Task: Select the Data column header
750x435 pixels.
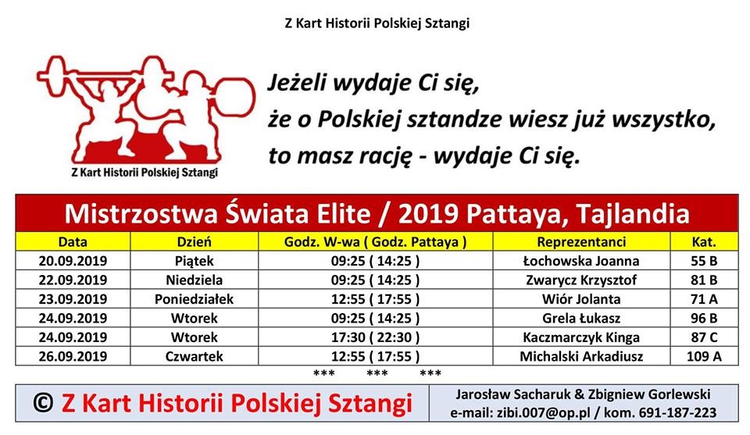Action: (x=73, y=242)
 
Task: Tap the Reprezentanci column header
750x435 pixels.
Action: (x=581, y=242)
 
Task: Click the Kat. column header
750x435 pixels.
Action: (x=704, y=242)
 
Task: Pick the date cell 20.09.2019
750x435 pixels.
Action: (x=73, y=261)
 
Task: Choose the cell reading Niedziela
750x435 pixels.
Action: (x=195, y=280)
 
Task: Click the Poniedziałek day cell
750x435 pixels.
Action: (x=195, y=299)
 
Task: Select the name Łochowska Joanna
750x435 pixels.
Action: (x=581, y=261)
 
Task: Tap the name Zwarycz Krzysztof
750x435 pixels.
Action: (x=581, y=280)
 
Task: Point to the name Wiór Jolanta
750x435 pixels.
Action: (x=581, y=299)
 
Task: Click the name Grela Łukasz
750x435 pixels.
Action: (x=581, y=319)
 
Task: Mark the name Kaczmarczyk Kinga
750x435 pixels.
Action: (x=581, y=337)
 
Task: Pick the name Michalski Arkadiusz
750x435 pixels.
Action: (x=581, y=357)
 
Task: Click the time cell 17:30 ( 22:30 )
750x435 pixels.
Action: (x=376, y=337)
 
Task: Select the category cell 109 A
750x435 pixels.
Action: (x=704, y=357)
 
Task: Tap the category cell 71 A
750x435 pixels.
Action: (x=704, y=299)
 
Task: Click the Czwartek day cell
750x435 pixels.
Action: (x=195, y=357)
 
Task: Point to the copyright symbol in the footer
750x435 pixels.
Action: (x=43, y=403)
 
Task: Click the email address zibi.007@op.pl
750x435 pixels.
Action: (x=544, y=412)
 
